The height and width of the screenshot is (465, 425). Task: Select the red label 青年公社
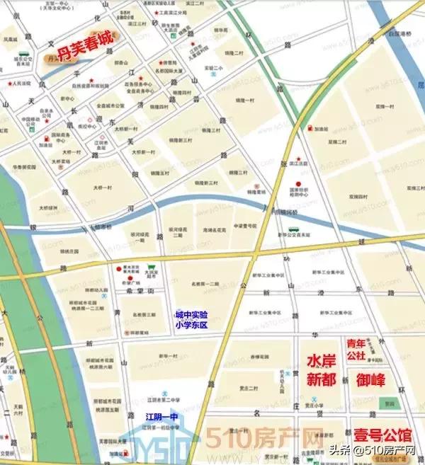pos(356,349)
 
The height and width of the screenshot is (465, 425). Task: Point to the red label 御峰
pos(370,380)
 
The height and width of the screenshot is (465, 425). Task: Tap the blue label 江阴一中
pos(160,416)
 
